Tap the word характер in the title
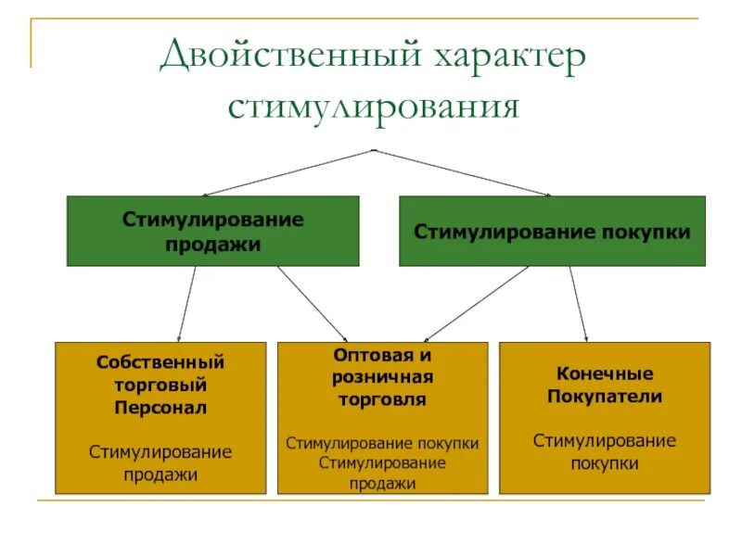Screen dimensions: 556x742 [508, 57]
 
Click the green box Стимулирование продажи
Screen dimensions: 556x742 [212, 232]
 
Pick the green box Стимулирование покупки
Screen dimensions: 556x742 [552, 232]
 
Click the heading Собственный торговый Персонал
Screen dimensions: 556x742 [160, 384]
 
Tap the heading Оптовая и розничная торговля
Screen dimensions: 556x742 [382, 377]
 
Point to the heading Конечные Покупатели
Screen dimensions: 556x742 [605, 385]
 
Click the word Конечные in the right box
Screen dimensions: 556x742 [605, 373]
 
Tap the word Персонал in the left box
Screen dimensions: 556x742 [160, 407]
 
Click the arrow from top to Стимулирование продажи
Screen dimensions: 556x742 [288, 172]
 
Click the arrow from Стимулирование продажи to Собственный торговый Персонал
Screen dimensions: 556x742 [187, 304]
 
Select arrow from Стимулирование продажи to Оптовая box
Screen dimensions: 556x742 [313, 304]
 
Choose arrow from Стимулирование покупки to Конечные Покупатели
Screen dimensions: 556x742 [578, 304]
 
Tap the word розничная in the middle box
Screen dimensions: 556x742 [382, 377]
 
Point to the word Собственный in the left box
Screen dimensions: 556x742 [160, 361]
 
